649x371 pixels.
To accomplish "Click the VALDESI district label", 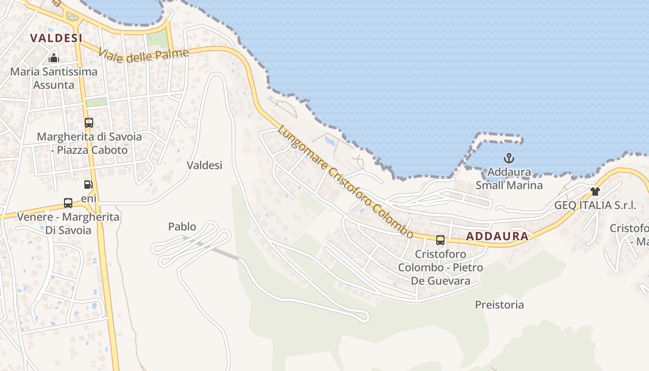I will point(56,38).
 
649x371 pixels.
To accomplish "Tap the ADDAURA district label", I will point(497,236).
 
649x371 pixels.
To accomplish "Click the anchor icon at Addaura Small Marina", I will point(509,159).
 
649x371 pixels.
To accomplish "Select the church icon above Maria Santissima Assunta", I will point(54,58).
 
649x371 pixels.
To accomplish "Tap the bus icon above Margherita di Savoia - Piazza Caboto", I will point(89,123).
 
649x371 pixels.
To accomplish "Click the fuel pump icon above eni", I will point(88,185).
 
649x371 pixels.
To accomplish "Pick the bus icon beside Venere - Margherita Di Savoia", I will point(68,203).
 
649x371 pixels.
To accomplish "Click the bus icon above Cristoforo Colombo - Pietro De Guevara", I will point(440,240).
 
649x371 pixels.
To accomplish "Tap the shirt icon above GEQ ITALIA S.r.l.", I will point(595,192).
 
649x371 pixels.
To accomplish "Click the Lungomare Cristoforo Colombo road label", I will point(345,182).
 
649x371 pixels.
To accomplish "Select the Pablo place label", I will point(182,227).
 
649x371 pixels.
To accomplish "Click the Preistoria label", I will point(499,305).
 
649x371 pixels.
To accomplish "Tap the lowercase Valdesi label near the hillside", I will point(204,165).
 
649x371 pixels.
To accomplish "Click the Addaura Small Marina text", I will point(509,179).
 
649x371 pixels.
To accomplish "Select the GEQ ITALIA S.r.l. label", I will point(595,205).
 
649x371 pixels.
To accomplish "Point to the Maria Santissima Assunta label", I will point(54,78).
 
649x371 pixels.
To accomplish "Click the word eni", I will point(89,198).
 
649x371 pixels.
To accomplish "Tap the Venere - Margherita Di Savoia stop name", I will point(68,224).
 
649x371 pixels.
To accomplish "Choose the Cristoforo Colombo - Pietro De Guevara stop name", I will point(440,268).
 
